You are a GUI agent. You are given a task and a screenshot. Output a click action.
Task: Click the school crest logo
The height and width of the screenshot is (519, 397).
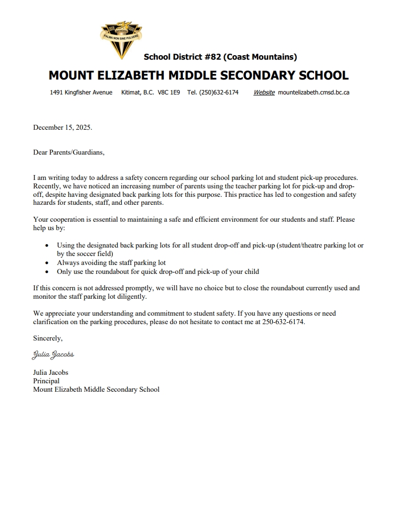[121, 38]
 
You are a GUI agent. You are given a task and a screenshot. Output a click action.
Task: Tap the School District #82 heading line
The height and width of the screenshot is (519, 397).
[220, 57]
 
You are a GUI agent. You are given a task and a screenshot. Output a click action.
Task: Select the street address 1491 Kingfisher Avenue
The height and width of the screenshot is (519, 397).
[81, 92]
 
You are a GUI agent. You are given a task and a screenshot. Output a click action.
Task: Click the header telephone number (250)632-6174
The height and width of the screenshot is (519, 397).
[219, 92]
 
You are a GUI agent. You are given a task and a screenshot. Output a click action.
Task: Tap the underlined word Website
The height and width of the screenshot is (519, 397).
[264, 92]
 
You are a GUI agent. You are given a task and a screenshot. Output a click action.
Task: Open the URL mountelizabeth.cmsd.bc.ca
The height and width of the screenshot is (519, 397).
[314, 92]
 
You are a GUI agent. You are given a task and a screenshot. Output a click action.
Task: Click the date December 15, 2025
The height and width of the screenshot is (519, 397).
[62, 127]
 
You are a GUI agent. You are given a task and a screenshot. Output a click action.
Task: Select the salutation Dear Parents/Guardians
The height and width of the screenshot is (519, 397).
[69, 152]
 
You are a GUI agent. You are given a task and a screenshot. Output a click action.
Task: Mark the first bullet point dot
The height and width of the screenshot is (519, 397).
[47, 246]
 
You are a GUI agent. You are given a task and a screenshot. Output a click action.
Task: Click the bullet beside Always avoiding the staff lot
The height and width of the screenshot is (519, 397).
[47, 262]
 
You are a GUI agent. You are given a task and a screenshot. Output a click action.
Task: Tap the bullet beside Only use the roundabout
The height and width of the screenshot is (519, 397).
[47, 272]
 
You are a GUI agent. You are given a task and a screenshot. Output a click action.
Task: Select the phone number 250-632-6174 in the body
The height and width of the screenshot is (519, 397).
[283, 322]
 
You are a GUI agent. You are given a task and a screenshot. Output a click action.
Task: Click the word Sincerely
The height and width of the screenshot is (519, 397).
[48, 338]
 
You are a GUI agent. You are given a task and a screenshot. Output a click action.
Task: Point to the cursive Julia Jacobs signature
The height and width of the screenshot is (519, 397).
[53, 354]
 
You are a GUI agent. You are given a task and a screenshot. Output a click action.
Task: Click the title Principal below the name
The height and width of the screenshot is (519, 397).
[46, 381]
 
